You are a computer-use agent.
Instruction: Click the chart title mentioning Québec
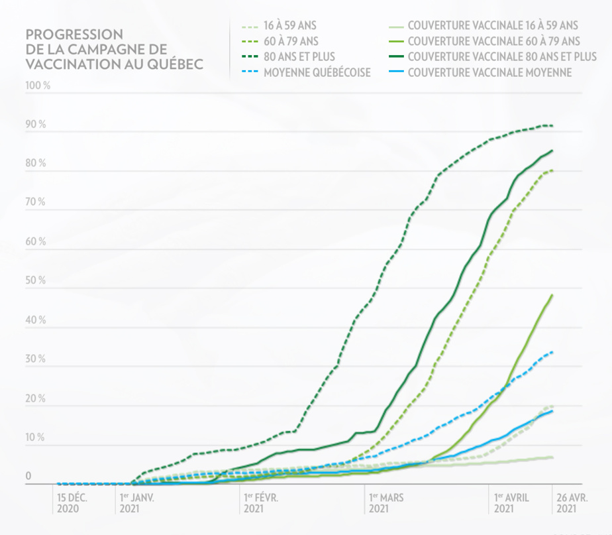113,49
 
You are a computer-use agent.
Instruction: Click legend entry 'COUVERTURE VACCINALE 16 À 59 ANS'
493,27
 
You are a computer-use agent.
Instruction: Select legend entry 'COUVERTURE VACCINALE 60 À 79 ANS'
493,42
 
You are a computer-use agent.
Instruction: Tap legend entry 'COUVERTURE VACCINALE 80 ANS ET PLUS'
502,57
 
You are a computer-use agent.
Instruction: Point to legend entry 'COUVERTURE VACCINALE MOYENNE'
489,72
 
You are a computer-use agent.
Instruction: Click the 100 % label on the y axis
37,86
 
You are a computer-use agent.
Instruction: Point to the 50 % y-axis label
36,281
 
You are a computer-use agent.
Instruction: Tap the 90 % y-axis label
36,125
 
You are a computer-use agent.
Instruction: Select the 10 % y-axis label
36,438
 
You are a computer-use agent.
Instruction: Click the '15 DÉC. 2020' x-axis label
72,502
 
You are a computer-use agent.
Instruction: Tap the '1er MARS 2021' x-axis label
386,502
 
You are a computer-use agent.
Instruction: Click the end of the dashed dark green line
553,126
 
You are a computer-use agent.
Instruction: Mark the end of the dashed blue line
553,352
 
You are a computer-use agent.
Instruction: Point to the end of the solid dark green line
553,150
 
